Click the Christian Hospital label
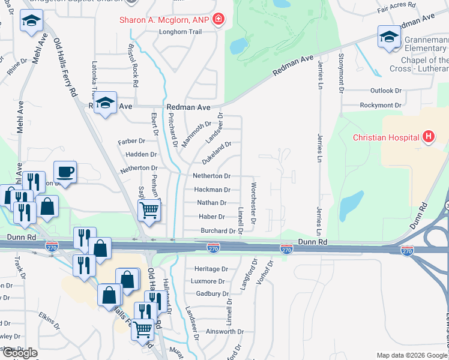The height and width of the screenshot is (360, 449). (x=385, y=137)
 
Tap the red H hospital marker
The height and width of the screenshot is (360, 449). (x=429, y=137)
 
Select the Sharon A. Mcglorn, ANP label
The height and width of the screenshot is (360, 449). (x=163, y=19)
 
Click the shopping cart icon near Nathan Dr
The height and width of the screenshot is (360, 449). (x=149, y=211)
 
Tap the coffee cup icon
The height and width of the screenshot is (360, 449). (x=65, y=172)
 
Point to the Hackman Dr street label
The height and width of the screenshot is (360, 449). (x=212, y=190)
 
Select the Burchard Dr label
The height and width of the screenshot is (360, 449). (x=218, y=230)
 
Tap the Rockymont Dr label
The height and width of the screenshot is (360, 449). (x=381, y=105)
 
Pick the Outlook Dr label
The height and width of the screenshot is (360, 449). (x=386, y=91)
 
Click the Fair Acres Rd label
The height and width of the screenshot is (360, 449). (x=397, y=5)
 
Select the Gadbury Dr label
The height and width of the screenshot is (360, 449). (x=213, y=293)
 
